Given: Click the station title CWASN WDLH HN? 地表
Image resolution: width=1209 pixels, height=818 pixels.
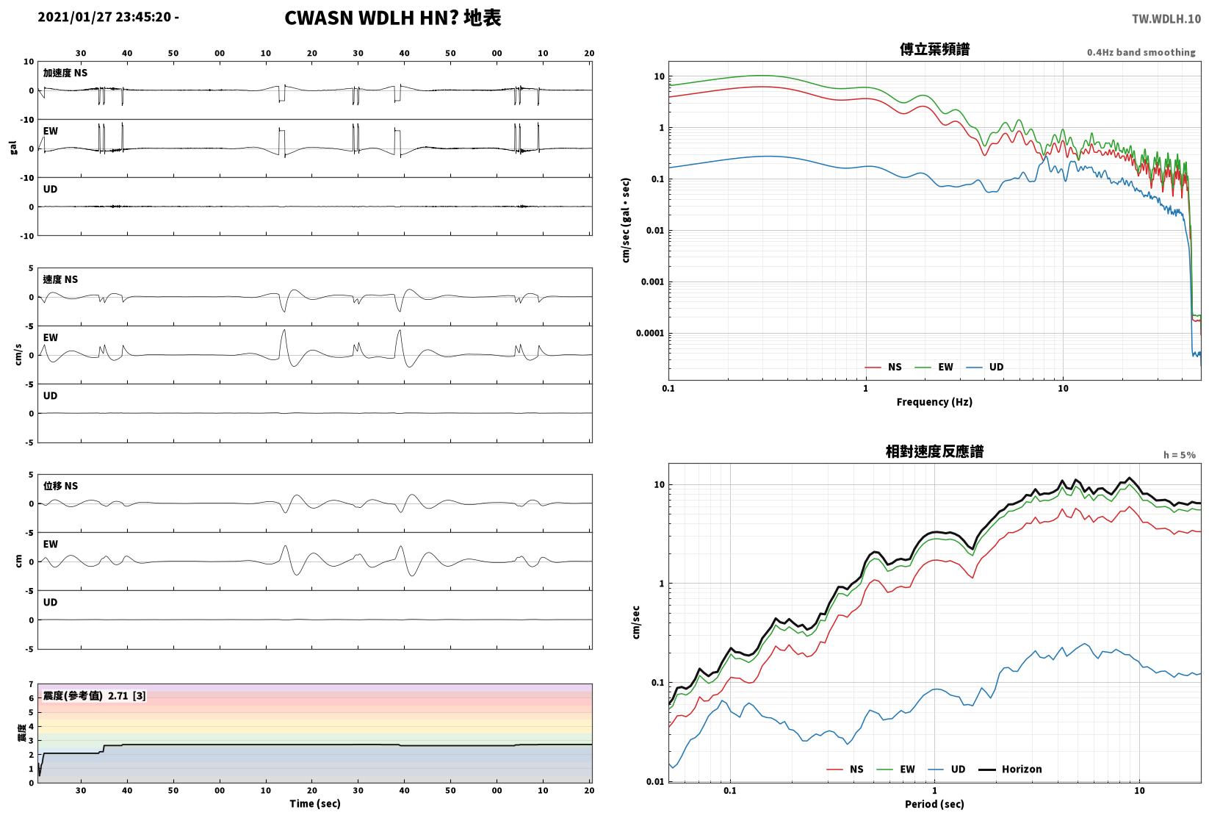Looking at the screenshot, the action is click(x=392, y=18).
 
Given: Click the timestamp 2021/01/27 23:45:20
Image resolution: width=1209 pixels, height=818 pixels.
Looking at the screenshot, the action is click(x=105, y=17).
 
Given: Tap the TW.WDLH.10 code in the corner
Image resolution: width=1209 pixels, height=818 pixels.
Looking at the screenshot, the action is click(x=1166, y=19).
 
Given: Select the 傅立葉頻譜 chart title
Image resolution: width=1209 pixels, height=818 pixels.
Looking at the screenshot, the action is click(x=934, y=49).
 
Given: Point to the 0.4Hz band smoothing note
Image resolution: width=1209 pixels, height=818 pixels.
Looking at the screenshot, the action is click(x=1141, y=52).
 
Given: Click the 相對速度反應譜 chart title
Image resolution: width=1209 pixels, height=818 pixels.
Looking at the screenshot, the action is click(x=934, y=451).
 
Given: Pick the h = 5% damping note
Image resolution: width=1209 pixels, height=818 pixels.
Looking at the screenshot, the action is click(x=1180, y=455).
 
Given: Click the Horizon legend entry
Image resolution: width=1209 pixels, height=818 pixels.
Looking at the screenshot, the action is click(x=1011, y=769).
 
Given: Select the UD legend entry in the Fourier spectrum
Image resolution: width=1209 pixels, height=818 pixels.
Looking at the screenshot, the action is click(x=985, y=367).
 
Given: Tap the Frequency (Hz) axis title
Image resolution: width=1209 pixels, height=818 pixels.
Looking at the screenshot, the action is click(x=934, y=402).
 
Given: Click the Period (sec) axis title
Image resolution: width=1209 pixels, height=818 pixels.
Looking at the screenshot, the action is click(x=934, y=804).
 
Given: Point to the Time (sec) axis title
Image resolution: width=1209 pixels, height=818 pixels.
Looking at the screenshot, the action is click(x=314, y=803).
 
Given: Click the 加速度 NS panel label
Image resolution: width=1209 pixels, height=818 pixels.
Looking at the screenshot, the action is click(x=65, y=73).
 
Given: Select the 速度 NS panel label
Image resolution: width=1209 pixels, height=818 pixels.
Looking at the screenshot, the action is click(x=60, y=279).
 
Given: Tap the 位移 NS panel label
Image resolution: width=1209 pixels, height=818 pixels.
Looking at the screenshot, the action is click(x=60, y=486).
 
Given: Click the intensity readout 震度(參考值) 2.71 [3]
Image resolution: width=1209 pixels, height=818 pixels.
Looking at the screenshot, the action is click(x=95, y=695).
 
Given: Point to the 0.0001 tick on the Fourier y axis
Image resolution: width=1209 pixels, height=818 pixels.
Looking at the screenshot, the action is click(x=650, y=333).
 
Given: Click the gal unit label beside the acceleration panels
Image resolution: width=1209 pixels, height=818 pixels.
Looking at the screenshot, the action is click(x=13, y=148).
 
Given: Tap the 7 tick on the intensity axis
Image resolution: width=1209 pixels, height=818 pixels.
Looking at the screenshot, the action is click(x=32, y=685).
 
